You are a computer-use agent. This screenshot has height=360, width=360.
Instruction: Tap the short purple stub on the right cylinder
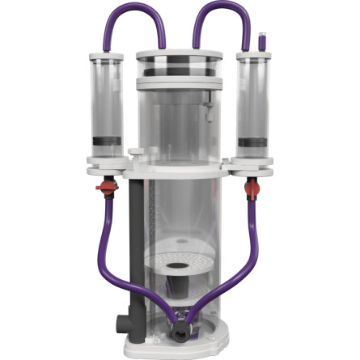click(x=261, y=40)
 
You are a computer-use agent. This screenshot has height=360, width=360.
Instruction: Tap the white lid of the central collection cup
click(x=179, y=57)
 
